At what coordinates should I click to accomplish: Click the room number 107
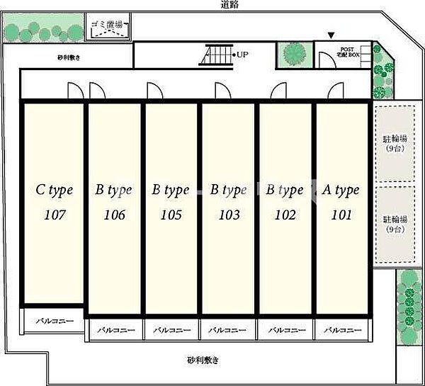tap(55, 215)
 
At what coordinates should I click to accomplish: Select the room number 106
tap(113, 215)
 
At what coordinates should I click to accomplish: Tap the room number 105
tap(171, 215)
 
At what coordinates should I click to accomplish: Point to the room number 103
tap(229, 215)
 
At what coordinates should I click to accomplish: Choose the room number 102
tap(285, 215)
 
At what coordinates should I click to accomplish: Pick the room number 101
tap(341, 215)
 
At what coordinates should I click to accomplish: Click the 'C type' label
tap(55, 190)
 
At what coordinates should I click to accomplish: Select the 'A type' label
tap(341, 190)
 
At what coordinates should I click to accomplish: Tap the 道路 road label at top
tap(229, 5)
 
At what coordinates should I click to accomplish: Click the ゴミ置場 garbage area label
tap(106, 25)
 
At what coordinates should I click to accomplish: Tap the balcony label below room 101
tap(342, 330)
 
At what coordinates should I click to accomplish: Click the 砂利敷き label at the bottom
tap(203, 360)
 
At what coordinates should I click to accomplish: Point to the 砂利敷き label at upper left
tap(69, 58)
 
